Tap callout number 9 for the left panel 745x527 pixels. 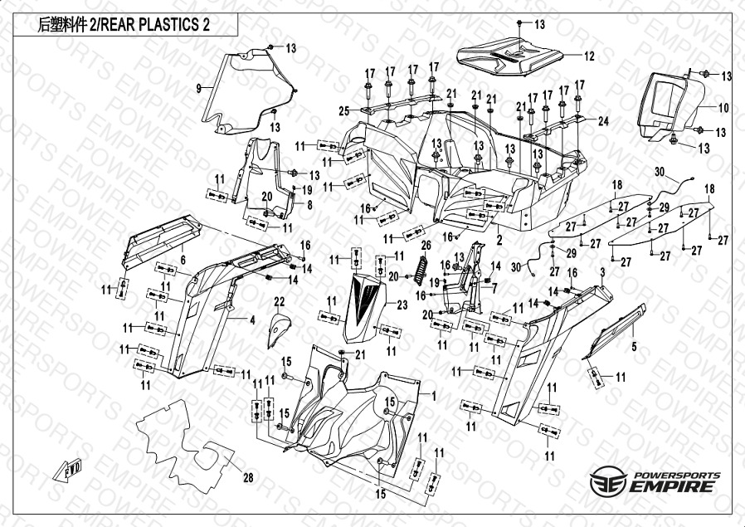click(x=199, y=87)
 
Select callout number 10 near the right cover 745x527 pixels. click(x=723, y=108)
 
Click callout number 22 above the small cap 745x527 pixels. click(x=280, y=300)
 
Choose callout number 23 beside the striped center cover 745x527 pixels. click(x=402, y=305)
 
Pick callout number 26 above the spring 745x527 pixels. click(x=426, y=245)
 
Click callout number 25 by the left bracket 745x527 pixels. click(x=343, y=110)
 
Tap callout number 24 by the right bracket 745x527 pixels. click(x=603, y=121)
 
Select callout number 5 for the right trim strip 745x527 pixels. click(x=634, y=349)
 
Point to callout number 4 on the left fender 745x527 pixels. click(x=251, y=319)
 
